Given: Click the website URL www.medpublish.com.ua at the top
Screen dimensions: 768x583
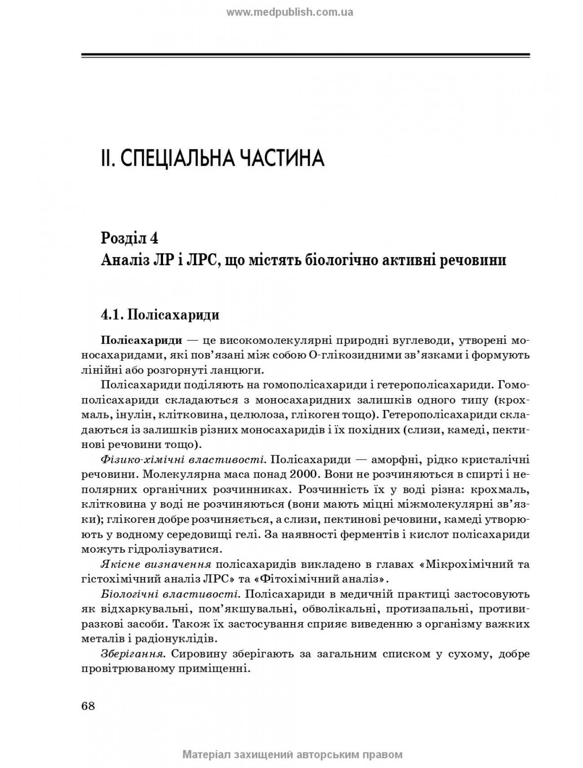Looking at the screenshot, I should pyautogui.click(x=290, y=13).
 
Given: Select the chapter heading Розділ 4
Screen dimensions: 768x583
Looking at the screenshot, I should pyautogui.click(x=130, y=237).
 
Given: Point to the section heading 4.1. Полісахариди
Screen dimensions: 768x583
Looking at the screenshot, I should pyautogui.click(x=160, y=315).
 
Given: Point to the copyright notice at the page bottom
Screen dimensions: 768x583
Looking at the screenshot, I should pyautogui.click(x=292, y=755).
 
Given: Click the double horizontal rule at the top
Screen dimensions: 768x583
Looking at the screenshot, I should pyautogui.click(x=305, y=56).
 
